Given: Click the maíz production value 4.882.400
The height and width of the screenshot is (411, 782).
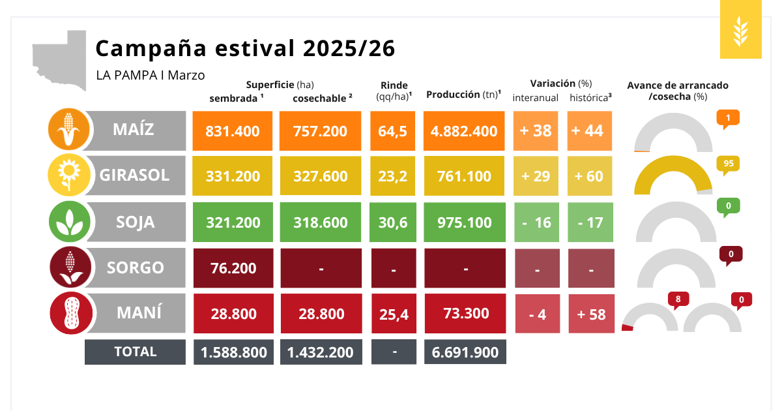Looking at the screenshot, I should point(464,130).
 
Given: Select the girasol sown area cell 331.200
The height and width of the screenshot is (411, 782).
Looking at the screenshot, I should point(233,176).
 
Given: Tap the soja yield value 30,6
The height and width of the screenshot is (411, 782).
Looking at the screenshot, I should point(393,222).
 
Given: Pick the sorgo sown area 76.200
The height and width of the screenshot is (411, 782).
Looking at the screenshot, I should point(233,268).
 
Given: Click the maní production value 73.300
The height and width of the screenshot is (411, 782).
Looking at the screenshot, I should point(464,313).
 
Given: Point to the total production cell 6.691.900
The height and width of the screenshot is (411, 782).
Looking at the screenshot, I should point(465,352).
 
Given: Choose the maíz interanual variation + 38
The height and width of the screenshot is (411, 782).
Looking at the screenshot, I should point(536,130).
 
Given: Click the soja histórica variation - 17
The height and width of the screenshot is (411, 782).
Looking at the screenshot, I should point(590,222).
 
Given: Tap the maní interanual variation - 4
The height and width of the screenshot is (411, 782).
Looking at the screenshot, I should point(538,314).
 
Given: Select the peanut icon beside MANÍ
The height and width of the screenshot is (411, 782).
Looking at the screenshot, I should point(71,313).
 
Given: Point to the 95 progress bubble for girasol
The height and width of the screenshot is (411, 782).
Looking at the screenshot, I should point(729,164).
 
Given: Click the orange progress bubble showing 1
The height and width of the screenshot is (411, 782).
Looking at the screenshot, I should point(728,118).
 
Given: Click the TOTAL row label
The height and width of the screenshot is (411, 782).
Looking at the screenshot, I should point(136,352).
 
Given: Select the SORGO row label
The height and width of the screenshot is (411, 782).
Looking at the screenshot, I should point(136,267).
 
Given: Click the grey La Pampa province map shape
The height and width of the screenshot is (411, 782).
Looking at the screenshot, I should point(61,59).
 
